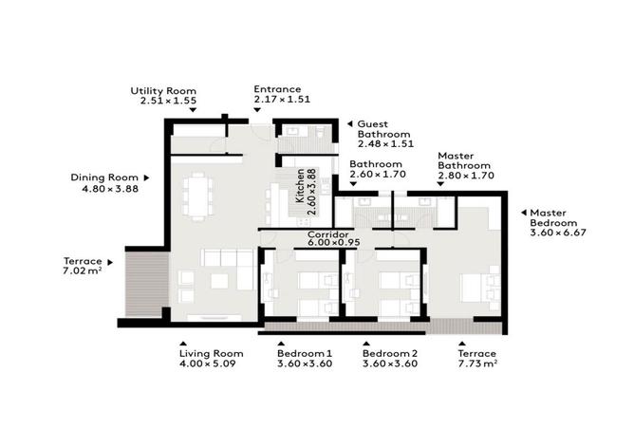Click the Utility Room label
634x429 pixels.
(163, 90)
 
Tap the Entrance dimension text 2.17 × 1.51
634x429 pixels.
(282, 99)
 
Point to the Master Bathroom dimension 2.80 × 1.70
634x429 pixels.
(466, 176)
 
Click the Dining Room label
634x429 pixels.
(104, 177)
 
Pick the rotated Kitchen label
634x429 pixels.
(301, 186)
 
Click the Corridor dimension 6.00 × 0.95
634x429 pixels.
(334, 243)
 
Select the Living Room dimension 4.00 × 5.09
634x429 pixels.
(208, 364)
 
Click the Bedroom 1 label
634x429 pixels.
(305, 353)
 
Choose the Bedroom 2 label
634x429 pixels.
(390, 353)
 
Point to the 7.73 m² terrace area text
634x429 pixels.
(477, 364)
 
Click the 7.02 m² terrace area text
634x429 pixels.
(82, 270)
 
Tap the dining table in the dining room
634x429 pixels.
(198, 196)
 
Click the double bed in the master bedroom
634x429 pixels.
(480, 288)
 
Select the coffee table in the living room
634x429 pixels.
(219, 282)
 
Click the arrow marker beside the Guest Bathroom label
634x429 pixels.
(350, 124)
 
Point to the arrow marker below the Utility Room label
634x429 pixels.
(193, 110)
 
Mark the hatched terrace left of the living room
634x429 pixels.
(147, 284)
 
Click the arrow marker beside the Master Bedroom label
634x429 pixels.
(524, 213)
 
